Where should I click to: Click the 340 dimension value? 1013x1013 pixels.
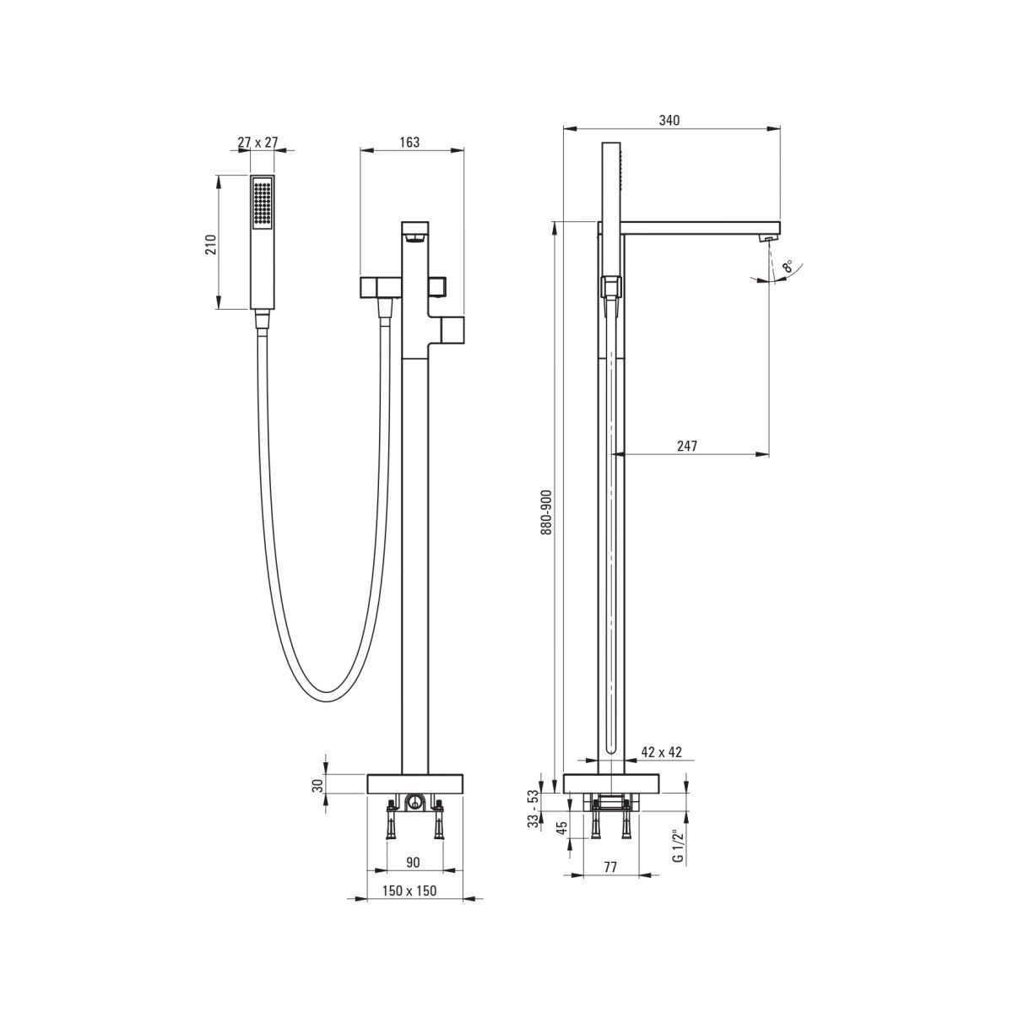tap(669, 121)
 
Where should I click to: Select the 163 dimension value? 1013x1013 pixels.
tap(409, 143)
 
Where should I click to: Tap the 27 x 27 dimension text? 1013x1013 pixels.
tap(257, 143)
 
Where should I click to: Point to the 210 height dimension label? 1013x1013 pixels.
tap(210, 245)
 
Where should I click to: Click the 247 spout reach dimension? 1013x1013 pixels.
tap(686, 446)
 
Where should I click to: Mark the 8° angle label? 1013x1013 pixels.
tap(788, 266)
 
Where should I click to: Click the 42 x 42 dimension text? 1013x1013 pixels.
tap(661, 752)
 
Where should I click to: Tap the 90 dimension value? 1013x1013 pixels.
tap(414, 862)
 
